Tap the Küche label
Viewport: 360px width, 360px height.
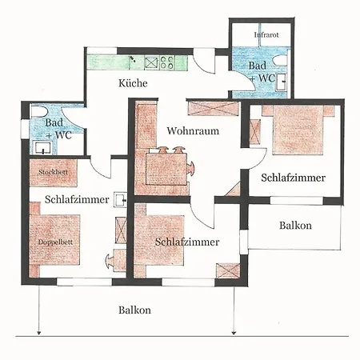pos(131,83)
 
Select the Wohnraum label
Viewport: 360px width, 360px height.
pos(192,130)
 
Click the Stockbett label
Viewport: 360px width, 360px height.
pos(51,170)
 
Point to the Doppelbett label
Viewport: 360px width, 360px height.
pos(50,241)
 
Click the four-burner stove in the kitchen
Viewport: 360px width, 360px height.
pos(167,60)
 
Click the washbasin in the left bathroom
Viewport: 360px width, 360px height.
pos(41,148)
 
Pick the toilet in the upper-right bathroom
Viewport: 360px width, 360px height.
pos(280,60)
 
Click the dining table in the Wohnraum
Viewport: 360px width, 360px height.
pos(169,167)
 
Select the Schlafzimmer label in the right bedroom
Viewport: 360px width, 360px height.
pos(293,178)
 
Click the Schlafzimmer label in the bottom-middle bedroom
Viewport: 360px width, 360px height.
pos(187,240)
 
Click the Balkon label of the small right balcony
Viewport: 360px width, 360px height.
pos(295,226)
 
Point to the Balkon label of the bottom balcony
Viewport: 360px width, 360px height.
pos(134,310)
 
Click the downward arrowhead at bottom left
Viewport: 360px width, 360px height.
pos(38,331)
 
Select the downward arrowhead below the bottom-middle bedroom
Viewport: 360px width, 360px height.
pos(233,331)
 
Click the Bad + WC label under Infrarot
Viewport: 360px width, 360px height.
pos(262,72)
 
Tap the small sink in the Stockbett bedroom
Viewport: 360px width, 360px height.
pos(120,198)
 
